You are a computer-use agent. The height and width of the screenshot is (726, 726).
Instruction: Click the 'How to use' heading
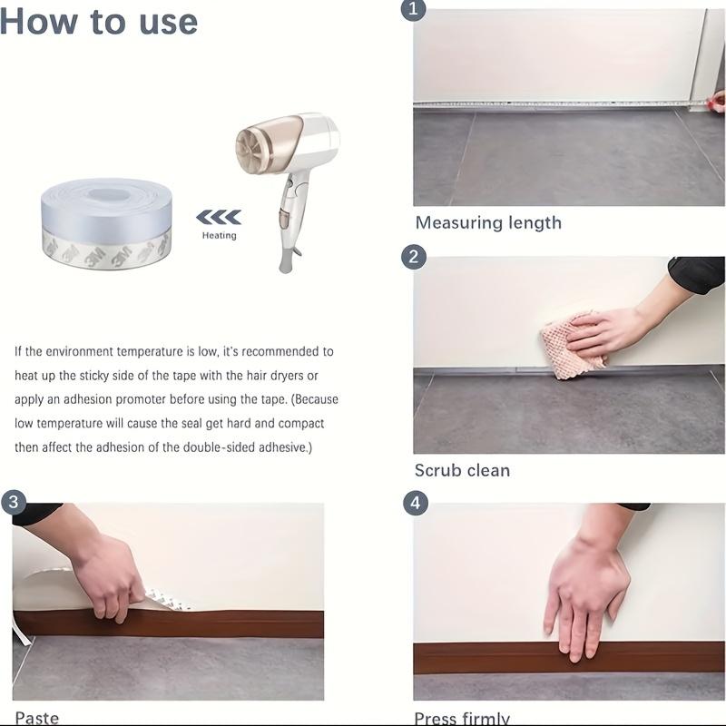tap(99, 21)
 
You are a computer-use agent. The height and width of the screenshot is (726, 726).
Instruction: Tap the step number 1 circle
tap(414, 10)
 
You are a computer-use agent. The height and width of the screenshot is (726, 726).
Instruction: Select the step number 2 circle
tap(414, 257)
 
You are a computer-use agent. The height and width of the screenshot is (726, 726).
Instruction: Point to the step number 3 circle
tap(13, 502)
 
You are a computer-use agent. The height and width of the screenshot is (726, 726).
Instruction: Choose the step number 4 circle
tap(415, 503)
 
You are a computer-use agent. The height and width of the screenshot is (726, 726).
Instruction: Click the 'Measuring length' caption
tap(488, 222)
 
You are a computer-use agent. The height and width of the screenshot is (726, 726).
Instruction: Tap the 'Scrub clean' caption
tap(462, 470)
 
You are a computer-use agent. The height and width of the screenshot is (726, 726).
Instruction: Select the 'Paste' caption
tap(36, 718)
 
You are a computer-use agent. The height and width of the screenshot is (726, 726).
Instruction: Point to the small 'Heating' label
tap(219, 235)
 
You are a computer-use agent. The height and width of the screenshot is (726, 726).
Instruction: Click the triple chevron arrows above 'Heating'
tap(219, 217)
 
